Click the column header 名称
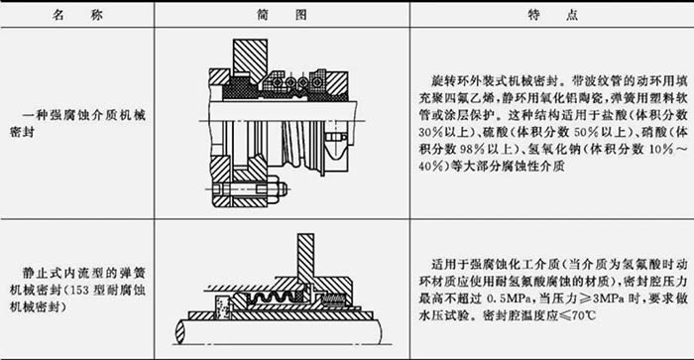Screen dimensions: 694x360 (x=77, y=15)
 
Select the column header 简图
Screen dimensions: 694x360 (x=282, y=15)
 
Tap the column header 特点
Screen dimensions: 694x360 (x=552, y=15)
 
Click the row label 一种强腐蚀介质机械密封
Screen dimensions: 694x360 (x=77, y=124)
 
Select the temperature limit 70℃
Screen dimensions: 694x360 (x=583, y=315)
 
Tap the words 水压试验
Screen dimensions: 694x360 (x=444, y=315)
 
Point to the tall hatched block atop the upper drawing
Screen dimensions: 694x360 (x=250, y=60)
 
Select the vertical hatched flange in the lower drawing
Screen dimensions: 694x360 (x=305, y=259)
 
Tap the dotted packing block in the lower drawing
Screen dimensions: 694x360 (x=223, y=307)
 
